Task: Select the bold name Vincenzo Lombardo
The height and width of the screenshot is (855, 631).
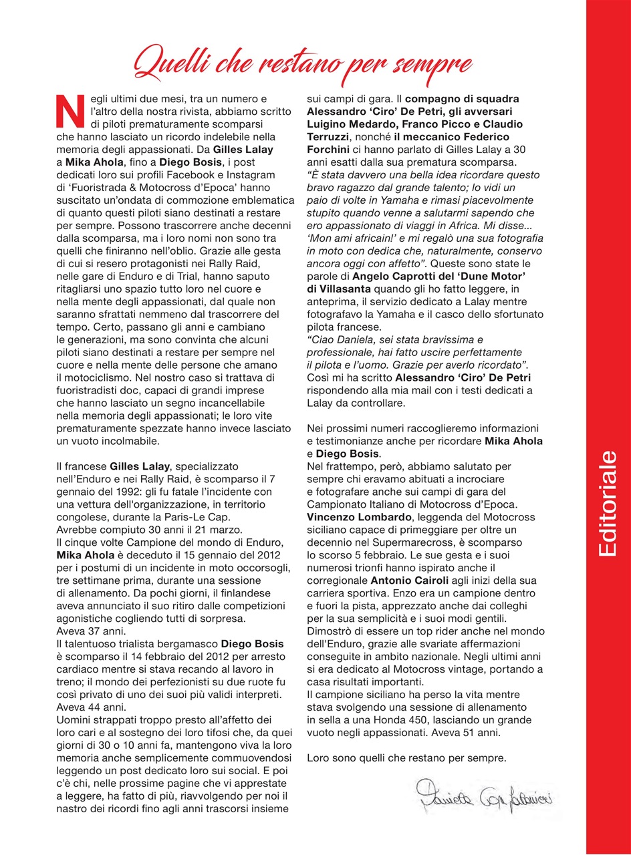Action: pyautogui.click(x=355, y=517)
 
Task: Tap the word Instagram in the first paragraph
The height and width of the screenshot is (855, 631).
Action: pyautogui.click(x=247, y=176)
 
